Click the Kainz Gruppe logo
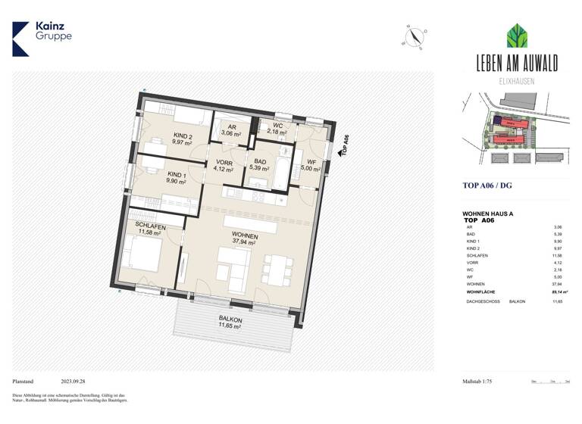point(41,38)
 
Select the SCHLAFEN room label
point(150,230)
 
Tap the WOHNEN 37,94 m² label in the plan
point(244,240)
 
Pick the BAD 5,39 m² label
point(261,166)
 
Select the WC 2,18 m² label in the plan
point(278,129)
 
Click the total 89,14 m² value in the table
point(560,291)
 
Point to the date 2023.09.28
point(74,382)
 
